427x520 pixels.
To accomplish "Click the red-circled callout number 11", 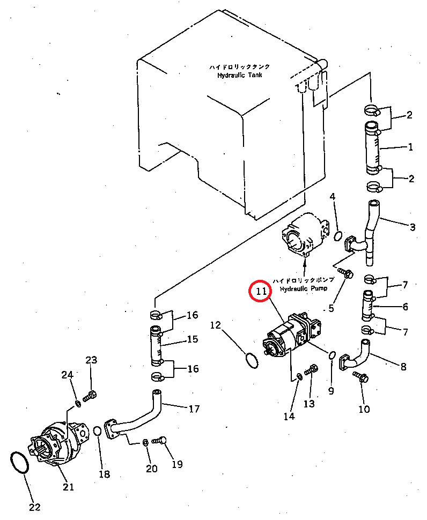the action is click(x=261, y=291).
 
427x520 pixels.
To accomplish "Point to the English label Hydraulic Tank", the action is click(x=240, y=75).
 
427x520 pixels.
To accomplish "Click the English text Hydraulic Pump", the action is click(x=303, y=288).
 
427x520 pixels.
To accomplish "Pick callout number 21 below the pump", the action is click(x=68, y=487).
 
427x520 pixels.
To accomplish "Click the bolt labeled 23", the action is click(x=90, y=396).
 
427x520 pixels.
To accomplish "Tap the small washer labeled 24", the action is click(x=78, y=404).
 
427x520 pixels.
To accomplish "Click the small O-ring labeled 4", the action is click(x=337, y=236).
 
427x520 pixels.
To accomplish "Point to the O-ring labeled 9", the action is click(x=332, y=355).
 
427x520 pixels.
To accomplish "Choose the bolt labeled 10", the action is click(x=360, y=377).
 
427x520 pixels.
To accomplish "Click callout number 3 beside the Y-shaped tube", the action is click(x=413, y=227).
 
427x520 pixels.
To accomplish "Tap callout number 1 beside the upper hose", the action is click(x=410, y=147).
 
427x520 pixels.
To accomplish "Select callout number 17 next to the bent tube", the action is click(x=194, y=409).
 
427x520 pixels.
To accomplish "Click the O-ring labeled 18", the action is click(x=98, y=431).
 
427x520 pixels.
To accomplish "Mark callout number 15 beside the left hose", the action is click(x=193, y=339).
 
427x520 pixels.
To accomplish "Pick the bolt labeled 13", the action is click(x=311, y=369).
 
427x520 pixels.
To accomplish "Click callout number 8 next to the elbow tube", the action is click(x=403, y=367).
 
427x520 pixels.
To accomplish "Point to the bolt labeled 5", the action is click(x=345, y=273).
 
